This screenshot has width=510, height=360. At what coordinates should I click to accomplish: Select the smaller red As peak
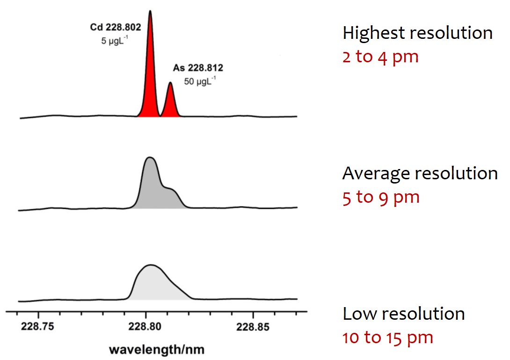click(170, 103)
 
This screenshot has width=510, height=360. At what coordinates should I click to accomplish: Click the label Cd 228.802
click(116, 28)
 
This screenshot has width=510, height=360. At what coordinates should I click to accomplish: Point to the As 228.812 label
click(198, 68)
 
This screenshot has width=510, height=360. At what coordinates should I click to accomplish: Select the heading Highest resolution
click(417, 33)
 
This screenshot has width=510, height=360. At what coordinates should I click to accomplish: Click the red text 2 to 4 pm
click(380, 57)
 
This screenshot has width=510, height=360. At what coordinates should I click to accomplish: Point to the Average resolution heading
click(420, 173)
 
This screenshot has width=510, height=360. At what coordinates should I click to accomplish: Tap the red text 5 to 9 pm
click(381, 197)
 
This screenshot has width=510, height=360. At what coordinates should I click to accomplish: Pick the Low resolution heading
click(403, 313)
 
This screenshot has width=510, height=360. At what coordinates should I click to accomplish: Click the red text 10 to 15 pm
click(388, 337)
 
